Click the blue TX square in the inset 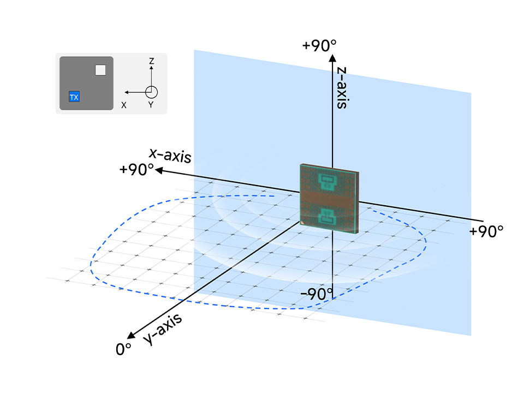(74, 97)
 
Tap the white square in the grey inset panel (100, 69)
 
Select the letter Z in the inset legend (151, 61)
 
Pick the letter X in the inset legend (124, 105)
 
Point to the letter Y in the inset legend (151, 105)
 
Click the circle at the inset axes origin (151, 92)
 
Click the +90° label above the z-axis (320, 45)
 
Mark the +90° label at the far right (486, 231)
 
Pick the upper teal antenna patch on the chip (327, 181)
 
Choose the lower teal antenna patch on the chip (327, 217)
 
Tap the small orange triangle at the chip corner (302, 223)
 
